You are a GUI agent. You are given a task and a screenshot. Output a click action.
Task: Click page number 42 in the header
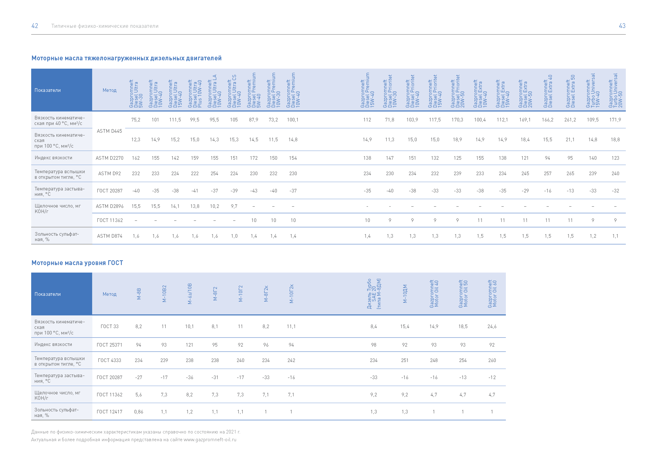(x=35, y=26)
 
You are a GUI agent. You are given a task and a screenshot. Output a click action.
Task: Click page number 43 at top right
(x=622, y=26)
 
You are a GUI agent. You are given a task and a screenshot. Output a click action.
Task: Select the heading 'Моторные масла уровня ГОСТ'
(x=77, y=263)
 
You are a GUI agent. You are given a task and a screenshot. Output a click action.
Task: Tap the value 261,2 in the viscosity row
(x=570, y=120)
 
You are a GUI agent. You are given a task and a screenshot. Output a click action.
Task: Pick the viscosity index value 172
(x=254, y=158)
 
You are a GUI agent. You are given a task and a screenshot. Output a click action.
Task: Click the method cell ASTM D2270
(x=110, y=158)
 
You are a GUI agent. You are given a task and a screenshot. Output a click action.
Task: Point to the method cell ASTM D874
(x=110, y=236)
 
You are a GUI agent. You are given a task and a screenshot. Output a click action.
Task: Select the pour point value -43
(x=254, y=191)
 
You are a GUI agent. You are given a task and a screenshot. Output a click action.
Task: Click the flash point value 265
(x=570, y=174)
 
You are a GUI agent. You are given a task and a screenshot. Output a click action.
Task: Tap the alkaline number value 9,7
(x=234, y=206)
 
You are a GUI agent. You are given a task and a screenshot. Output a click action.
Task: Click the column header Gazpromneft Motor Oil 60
(x=492, y=294)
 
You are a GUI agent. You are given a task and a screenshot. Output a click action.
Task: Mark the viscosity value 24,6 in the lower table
(x=492, y=327)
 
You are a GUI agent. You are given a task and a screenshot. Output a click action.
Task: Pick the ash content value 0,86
(x=138, y=412)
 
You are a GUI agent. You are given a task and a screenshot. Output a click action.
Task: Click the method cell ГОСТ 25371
(x=110, y=345)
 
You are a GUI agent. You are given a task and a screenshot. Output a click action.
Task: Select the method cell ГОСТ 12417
(x=110, y=412)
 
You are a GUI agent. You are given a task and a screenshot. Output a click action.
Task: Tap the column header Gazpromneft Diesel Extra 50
(x=570, y=91)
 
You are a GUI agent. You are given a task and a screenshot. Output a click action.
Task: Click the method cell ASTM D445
(x=110, y=131)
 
